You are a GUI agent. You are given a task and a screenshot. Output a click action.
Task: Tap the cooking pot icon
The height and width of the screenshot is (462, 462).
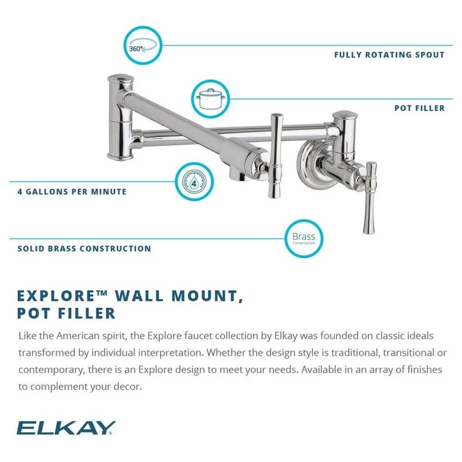pos(208,98)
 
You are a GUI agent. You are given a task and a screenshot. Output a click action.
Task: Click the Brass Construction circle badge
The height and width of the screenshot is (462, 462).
pos(304,239)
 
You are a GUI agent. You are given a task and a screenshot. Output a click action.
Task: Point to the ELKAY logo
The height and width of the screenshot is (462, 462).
pos(66,428)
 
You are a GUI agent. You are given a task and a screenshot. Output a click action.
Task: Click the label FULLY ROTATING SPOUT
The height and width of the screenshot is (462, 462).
pos(389,55)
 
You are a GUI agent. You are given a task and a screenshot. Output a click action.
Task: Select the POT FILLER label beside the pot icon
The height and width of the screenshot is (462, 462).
pos(420,108)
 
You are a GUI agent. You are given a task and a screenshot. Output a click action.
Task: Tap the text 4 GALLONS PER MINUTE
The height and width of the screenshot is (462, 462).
pos(72,192)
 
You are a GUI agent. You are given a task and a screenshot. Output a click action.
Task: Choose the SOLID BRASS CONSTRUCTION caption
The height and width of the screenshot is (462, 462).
pos(84,249)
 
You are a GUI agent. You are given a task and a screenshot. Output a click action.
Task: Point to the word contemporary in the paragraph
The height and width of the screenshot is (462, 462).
pos(50,370)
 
